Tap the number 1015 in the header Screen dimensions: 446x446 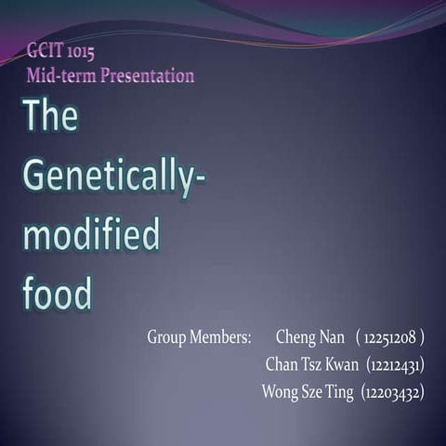pos(82,51)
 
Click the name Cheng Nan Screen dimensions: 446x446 pos(310,335)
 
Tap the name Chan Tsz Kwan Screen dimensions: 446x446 pos(312,363)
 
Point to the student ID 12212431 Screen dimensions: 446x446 pos(396,363)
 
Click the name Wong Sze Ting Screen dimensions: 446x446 pos(308,392)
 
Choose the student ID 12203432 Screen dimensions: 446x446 pos(393,392)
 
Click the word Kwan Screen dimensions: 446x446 pos(341,363)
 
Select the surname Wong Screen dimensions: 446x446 pos(280,392)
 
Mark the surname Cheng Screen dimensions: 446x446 pos(295,335)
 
